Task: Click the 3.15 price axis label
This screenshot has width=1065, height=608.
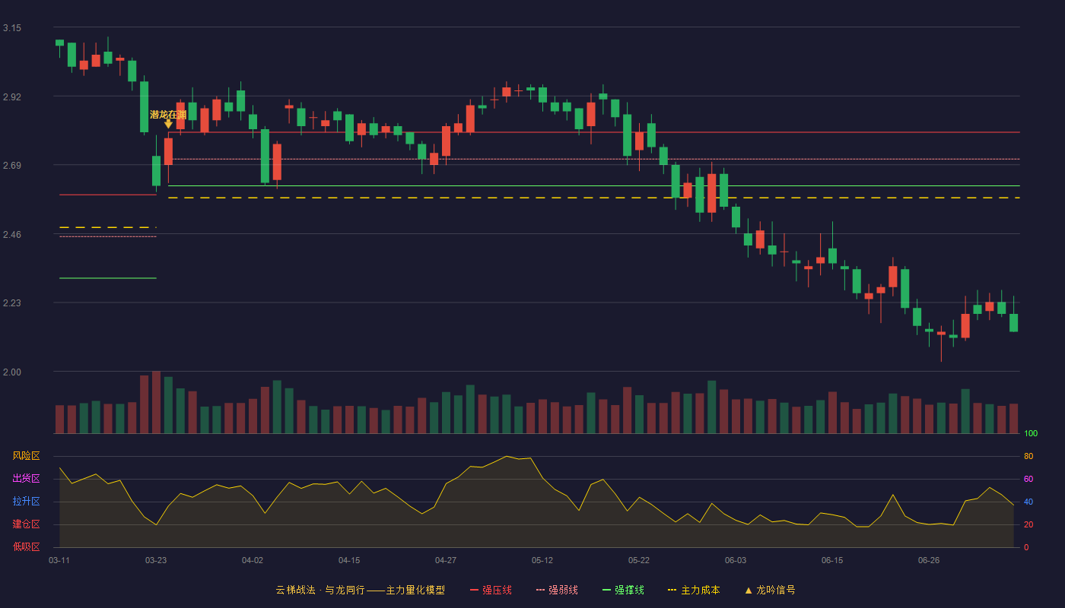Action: [12, 28]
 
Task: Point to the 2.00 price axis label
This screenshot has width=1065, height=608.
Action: [12, 372]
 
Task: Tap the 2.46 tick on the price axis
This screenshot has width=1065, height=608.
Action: [12, 235]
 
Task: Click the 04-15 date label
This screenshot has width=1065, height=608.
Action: [349, 561]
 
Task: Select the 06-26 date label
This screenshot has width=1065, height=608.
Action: [929, 561]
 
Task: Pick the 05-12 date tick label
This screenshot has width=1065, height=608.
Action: [542, 561]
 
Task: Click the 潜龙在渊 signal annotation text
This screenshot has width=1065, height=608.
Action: [168, 115]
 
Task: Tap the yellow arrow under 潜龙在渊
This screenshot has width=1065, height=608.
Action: [168, 124]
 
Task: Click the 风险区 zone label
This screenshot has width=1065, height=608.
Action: [26, 456]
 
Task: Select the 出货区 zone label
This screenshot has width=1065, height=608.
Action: [26, 478]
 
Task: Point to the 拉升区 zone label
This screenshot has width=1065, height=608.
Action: [26, 501]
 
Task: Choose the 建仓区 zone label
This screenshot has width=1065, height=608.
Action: [26, 524]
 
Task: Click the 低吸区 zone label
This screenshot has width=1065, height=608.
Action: [26, 546]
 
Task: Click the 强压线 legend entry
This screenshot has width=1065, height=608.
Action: [491, 590]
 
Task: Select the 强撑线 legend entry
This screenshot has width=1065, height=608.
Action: [623, 590]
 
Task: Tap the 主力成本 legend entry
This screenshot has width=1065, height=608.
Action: [694, 590]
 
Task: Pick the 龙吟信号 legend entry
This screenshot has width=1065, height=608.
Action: [770, 590]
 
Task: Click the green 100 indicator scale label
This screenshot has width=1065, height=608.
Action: [1031, 433]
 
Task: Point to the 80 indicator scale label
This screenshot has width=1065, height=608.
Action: [1028, 456]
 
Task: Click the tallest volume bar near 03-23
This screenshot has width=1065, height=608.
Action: [156, 402]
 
